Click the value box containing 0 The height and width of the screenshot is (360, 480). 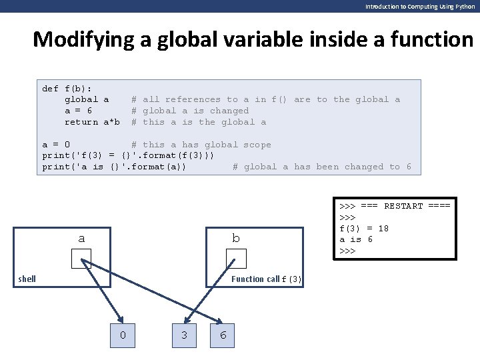pos(123,335)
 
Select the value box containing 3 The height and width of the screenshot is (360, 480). pos(185,335)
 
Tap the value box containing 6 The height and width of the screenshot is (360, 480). pos(223,335)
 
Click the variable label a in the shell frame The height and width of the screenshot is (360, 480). pos(81,238)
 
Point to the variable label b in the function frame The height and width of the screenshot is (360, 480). pos(236,238)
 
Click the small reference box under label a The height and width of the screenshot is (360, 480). pos(81,259)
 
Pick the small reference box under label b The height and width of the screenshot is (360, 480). pos(236,259)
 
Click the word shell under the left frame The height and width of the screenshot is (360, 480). pos(27,279)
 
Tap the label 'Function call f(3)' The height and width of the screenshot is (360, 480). pos(266,279)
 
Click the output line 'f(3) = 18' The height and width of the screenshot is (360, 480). pos(364,229)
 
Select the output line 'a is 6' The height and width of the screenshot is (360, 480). pos(356,239)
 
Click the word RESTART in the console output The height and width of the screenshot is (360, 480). pos(403,206)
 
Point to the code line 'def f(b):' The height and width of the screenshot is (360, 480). pos(67,88)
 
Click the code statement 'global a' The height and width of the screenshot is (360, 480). pos(87,99)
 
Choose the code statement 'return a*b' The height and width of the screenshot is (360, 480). pos(92,122)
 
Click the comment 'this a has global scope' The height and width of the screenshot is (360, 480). pos(207,145)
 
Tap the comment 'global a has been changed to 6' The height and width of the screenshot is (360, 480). pos(327,167)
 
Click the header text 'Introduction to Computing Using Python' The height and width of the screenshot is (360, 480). pos(420,6)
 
